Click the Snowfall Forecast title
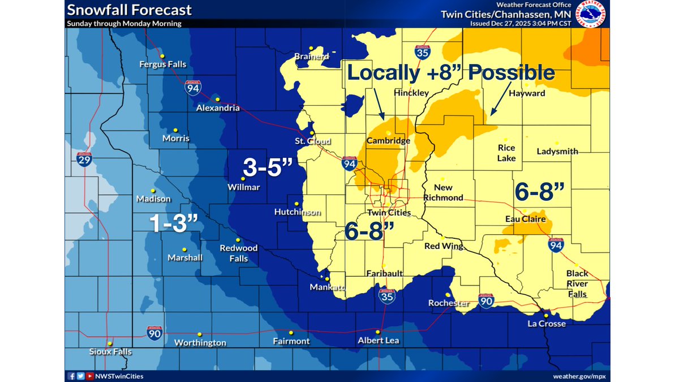coord(129,10)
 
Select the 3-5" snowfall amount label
coord(268,168)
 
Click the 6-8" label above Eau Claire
coord(540,192)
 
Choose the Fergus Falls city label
coord(162,65)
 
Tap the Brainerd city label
coord(311,57)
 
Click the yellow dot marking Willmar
coord(243,179)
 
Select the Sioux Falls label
coord(110,351)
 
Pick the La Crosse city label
coord(546,324)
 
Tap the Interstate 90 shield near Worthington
coord(154,333)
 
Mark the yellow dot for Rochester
coord(448,295)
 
